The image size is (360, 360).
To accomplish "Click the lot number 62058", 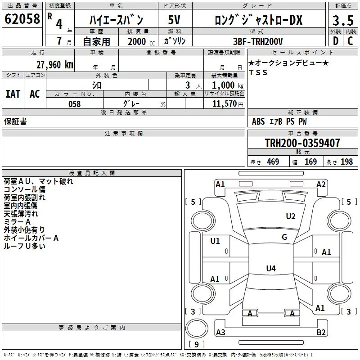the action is point(22,19).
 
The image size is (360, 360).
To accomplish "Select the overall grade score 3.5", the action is point(343,20).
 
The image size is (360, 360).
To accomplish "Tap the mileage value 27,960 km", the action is point(55,65).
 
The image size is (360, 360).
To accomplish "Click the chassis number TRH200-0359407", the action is point(302,143).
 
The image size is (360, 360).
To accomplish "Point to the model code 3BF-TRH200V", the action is point(258,41).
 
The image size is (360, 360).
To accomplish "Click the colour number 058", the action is point(75,104).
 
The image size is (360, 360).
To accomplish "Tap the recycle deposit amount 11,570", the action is point(225,104).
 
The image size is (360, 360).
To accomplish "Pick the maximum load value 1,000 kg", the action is point(228,85).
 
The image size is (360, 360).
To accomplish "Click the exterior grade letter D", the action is point(336,41).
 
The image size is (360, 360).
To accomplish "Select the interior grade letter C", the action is point(350,41).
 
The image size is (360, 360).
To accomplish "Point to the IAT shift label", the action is point(13,94).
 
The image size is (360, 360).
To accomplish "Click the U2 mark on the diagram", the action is point(291,216).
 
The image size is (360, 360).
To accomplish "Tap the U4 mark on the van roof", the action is point(271,268).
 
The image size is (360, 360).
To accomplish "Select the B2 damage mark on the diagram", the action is point(321,332).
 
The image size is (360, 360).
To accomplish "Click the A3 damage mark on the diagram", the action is point(220,332).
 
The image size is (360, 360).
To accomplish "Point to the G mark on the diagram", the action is point(284,237).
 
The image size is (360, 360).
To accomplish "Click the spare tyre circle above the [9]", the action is point(197,328).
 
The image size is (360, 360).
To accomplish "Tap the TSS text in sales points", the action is point(258,72).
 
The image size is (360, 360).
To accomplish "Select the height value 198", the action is point(346,162).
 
